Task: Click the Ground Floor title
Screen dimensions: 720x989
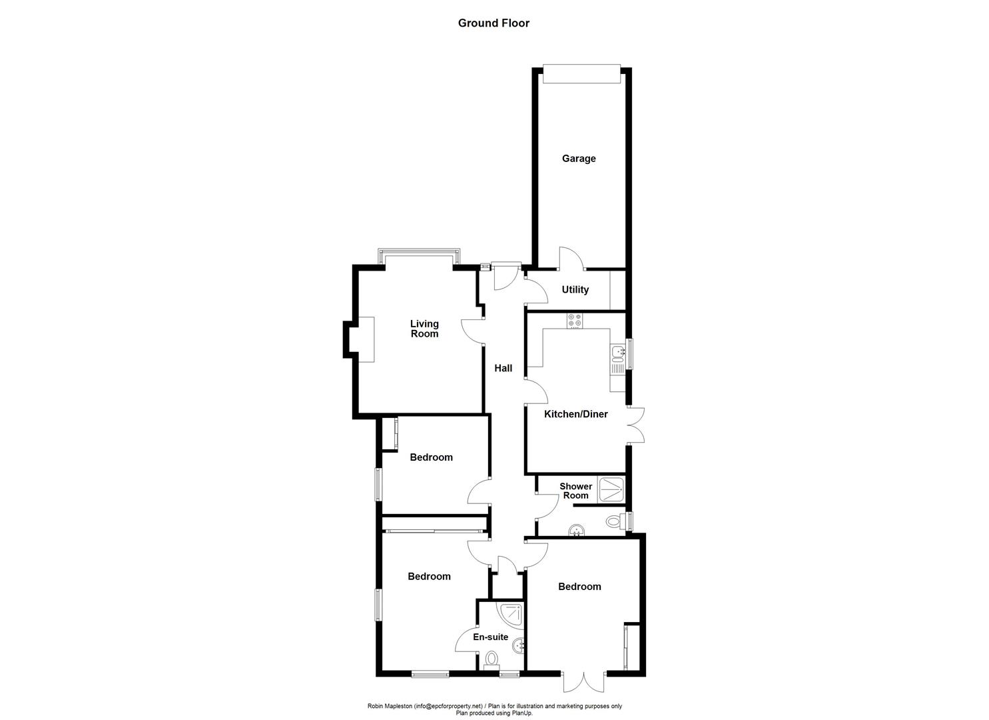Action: point(494,23)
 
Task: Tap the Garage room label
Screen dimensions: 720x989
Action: point(579,159)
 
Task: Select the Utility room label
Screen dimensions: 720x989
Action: point(575,290)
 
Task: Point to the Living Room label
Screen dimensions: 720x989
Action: point(424,329)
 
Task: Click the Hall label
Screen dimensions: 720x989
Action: point(503,368)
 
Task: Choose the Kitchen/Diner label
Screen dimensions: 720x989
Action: point(576,414)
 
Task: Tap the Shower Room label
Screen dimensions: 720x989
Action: point(575,491)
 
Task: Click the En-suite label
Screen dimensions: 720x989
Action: point(491,637)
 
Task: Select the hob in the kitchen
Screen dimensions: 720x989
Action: point(574,321)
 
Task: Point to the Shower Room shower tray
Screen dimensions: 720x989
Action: point(611,489)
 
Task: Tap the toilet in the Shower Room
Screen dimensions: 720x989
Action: point(614,521)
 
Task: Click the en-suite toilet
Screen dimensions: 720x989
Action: point(492,659)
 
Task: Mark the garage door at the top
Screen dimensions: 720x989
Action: point(581,74)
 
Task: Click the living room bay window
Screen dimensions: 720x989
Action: point(418,257)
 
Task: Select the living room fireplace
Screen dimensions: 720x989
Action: point(366,339)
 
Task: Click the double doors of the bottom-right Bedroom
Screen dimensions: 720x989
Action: point(583,681)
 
